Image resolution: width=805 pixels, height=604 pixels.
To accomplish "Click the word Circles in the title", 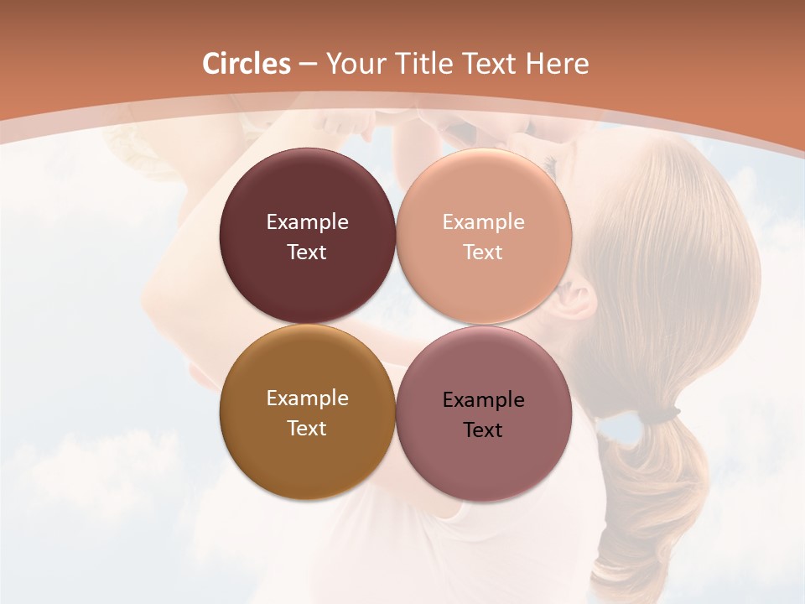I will tap(246, 64).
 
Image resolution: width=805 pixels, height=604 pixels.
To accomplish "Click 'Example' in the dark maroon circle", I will tap(307, 222).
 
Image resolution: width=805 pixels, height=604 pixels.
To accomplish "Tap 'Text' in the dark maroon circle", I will tap(307, 253).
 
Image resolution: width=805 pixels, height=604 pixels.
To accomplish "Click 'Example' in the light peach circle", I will tap(483, 222).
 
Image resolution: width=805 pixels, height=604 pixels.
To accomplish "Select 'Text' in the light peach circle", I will tap(483, 253).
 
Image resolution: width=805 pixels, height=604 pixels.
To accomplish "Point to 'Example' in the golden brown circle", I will tap(307, 398).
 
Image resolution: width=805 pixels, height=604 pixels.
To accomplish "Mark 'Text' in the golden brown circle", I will tap(307, 429).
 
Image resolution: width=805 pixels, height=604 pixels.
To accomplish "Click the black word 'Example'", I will tap(483, 400).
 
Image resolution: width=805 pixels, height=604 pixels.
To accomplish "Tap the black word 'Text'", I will tap(483, 430).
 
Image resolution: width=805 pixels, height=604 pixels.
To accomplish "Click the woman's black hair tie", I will tap(662, 414).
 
